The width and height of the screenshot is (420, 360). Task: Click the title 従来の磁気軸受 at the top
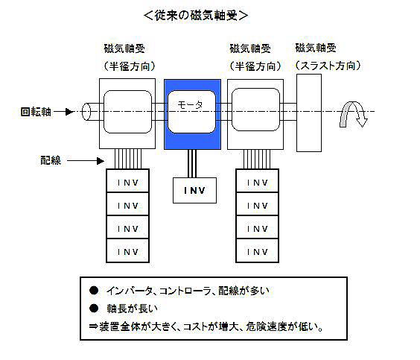[x=196, y=15]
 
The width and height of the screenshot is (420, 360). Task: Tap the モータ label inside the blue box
[x=191, y=105]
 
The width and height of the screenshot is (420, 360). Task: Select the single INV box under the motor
[x=194, y=190]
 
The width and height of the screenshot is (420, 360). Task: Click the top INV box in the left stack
[x=128, y=180]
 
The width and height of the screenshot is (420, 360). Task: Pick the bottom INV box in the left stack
[x=128, y=250]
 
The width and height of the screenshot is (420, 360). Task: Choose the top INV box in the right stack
[x=258, y=180]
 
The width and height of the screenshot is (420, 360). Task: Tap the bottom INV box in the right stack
[x=258, y=250]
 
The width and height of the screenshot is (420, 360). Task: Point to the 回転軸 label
[x=36, y=112]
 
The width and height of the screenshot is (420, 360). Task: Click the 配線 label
[x=51, y=160]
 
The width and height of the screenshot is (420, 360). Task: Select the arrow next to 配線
[x=86, y=161]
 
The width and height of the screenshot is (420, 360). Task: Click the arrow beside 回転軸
[x=64, y=112]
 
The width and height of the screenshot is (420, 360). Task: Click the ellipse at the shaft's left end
[x=86, y=112]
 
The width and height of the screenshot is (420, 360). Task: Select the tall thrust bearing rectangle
[x=309, y=113]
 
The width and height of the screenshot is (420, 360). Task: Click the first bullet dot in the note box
[x=94, y=290]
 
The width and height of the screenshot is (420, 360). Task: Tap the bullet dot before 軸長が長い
[x=94, y=309]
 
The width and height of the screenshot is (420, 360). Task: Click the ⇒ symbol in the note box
[x=94, y=326]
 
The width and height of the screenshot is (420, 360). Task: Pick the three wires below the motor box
[x=192, y=163]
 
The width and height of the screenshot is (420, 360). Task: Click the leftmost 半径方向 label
[x=130, y=66]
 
